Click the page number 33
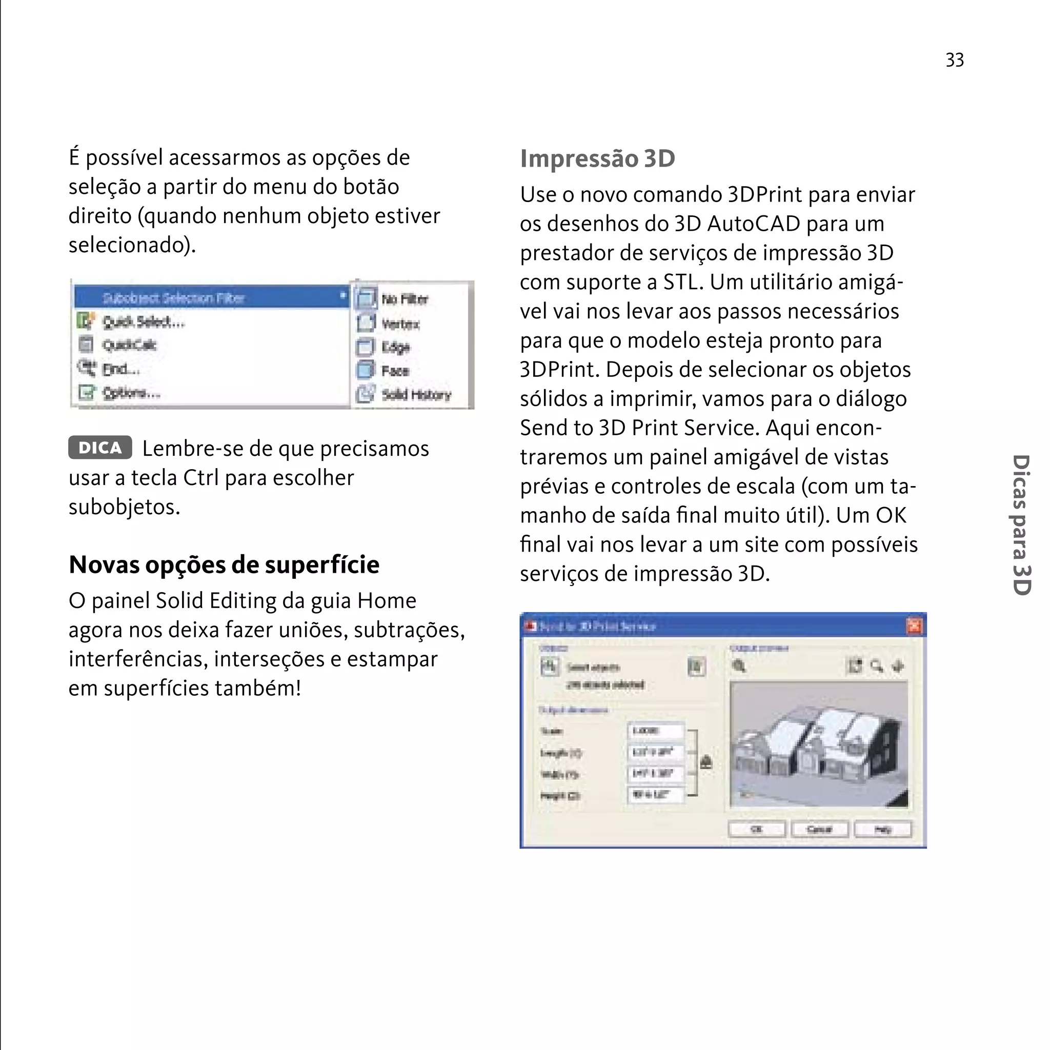pyautogui.click(x=954, y=60)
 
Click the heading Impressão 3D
pyautogui.click(x=597, y=159)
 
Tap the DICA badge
pyautogui.click(x=100, y=447)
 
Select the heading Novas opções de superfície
pyautogui.click(x=224, y=564)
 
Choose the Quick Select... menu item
pyautogui.click(x=144, y=322)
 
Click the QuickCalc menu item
pyautogui.click(x=129, y=345)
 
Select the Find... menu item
pyautogui.click(x=120, y=369)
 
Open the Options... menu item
pyautogui.click(x=131, y=392)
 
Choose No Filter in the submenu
pyautogui.click(x=405, y=299)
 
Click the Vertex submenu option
pyautogui.click(x=400, y=324)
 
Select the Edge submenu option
pyautogui.click(x=395, y=347)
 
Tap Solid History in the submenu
pyautogui.click(x=416, y=395)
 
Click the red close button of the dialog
pyautogui.click(x=915, y=626)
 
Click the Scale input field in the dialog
pyautogui.click(x=655, y=731)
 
